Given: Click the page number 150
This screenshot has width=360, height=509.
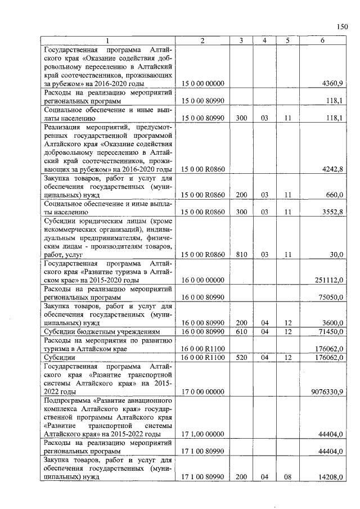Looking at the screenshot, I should pyautogui.click(x=342, y=26).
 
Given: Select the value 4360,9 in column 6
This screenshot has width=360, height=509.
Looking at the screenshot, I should pyautogui.click(x=332, y=84).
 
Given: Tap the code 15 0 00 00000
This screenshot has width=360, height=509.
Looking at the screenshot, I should pyautogui.click(x=202, y=84).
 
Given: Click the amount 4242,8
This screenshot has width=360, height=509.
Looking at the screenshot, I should pyautogui.click(x=332, y=169).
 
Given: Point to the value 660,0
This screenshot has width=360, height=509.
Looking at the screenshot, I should pyautogui.click(x=335, y=195).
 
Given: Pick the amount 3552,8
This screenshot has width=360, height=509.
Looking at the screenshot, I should pyautogui.click(x=332, y=213).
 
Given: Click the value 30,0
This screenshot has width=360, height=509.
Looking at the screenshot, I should pyautogui.click(x=336, y=255).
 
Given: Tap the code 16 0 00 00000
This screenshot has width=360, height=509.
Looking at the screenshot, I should pyautogui.click(x=202, y=280).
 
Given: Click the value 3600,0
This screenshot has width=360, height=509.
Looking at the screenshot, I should pyautogui.click(x=332, y=323).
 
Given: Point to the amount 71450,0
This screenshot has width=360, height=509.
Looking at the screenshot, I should pyautogui.click(x=331, y=332).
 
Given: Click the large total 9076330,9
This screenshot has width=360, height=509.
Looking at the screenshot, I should pyautogui.click(x=327, y=391).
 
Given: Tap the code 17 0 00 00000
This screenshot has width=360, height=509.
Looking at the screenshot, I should pyautogui.click(x=202, y=391).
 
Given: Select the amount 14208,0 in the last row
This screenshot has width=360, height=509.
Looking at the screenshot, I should pyautogui.click(x=331, y=477).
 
